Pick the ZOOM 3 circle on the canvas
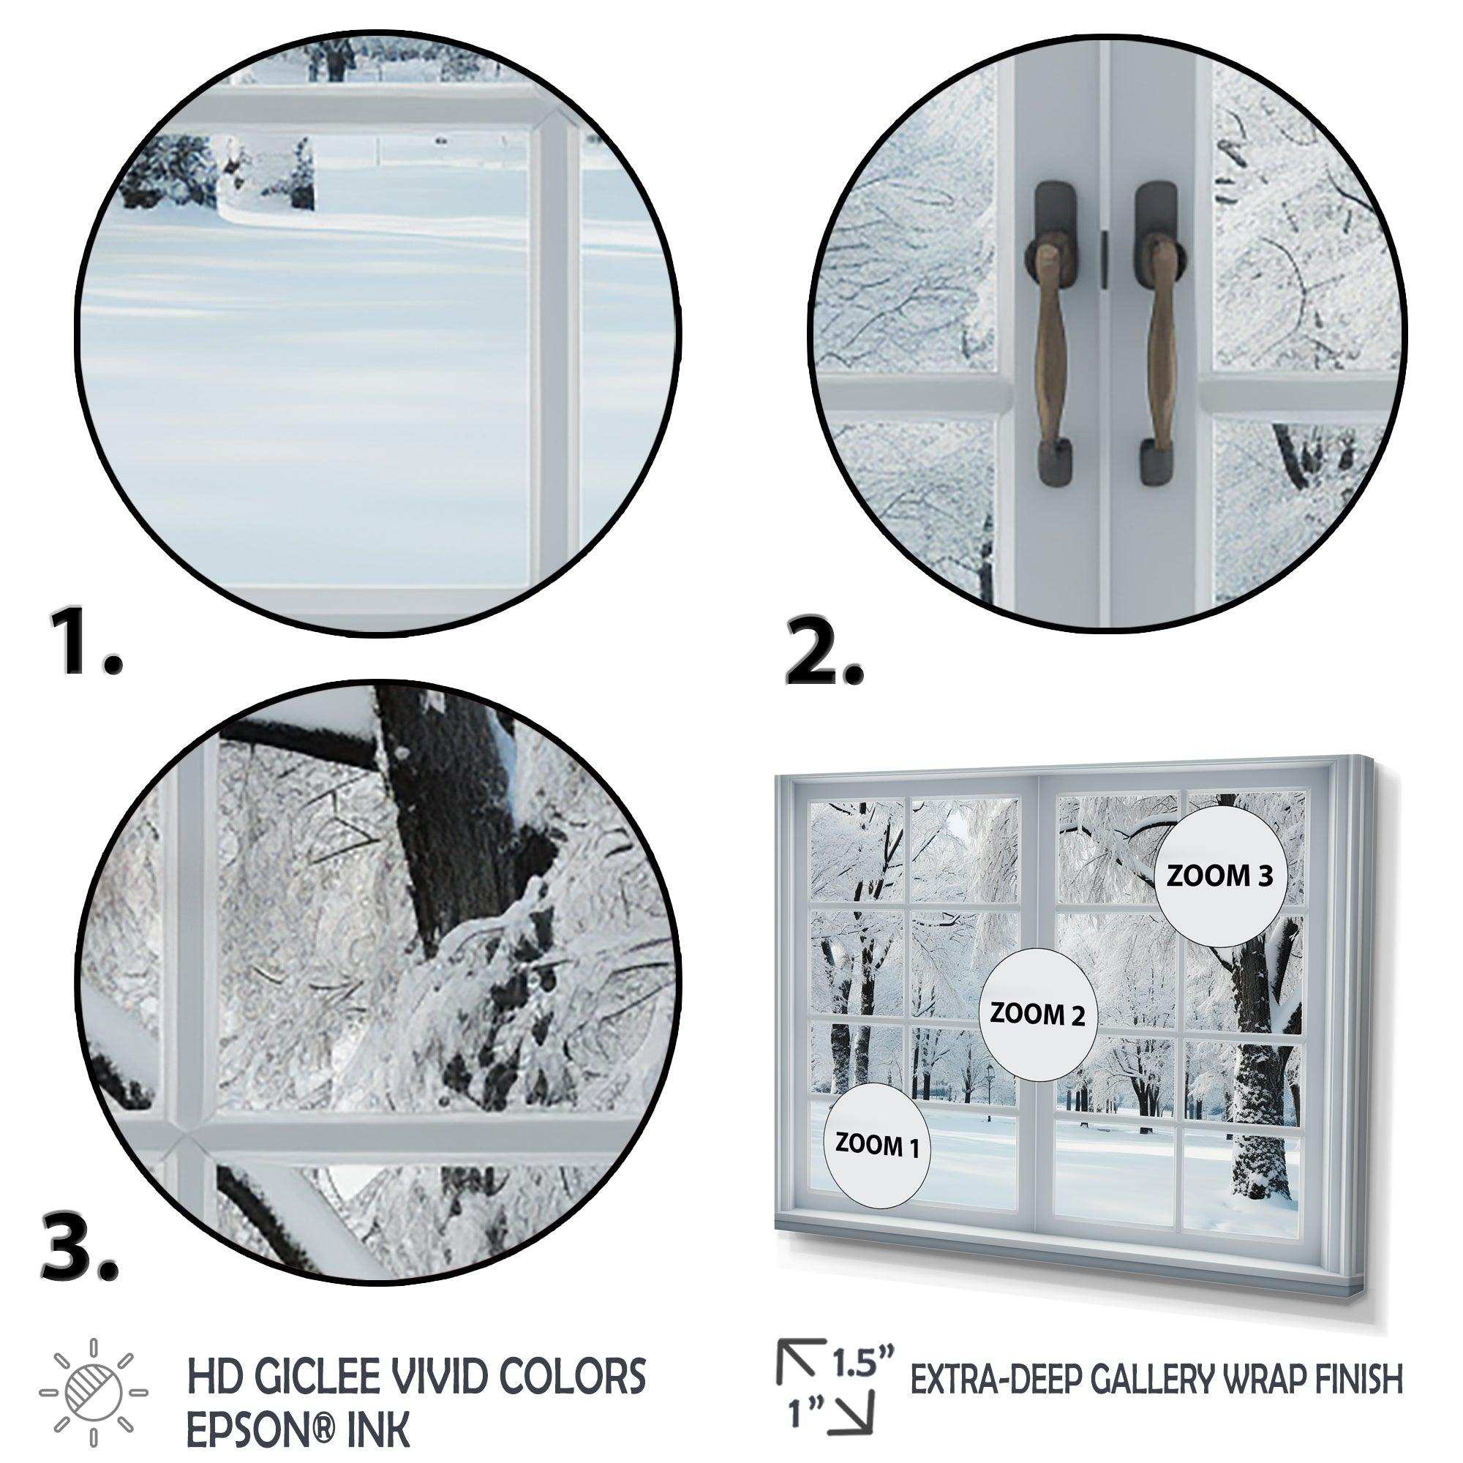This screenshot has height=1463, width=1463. (x=1209, y=877)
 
